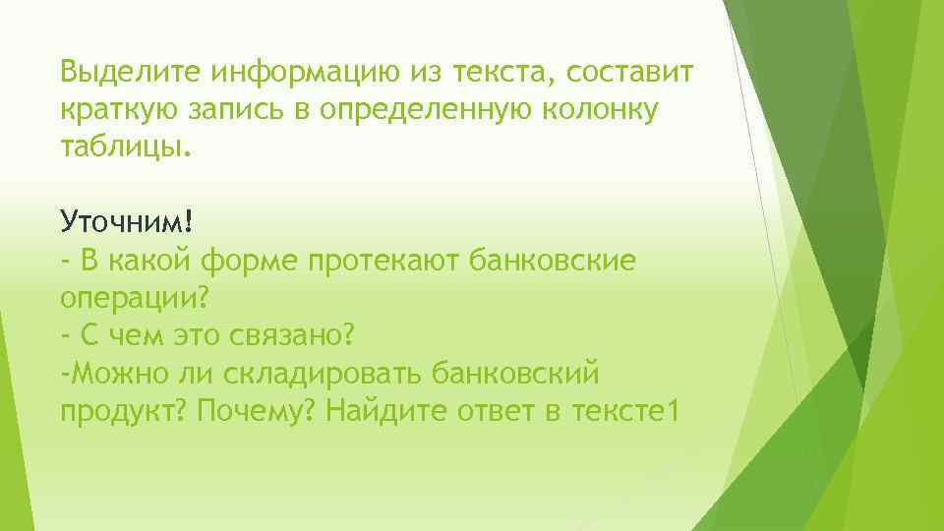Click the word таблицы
tap(121, 148)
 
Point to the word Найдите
tap(386, 411)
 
